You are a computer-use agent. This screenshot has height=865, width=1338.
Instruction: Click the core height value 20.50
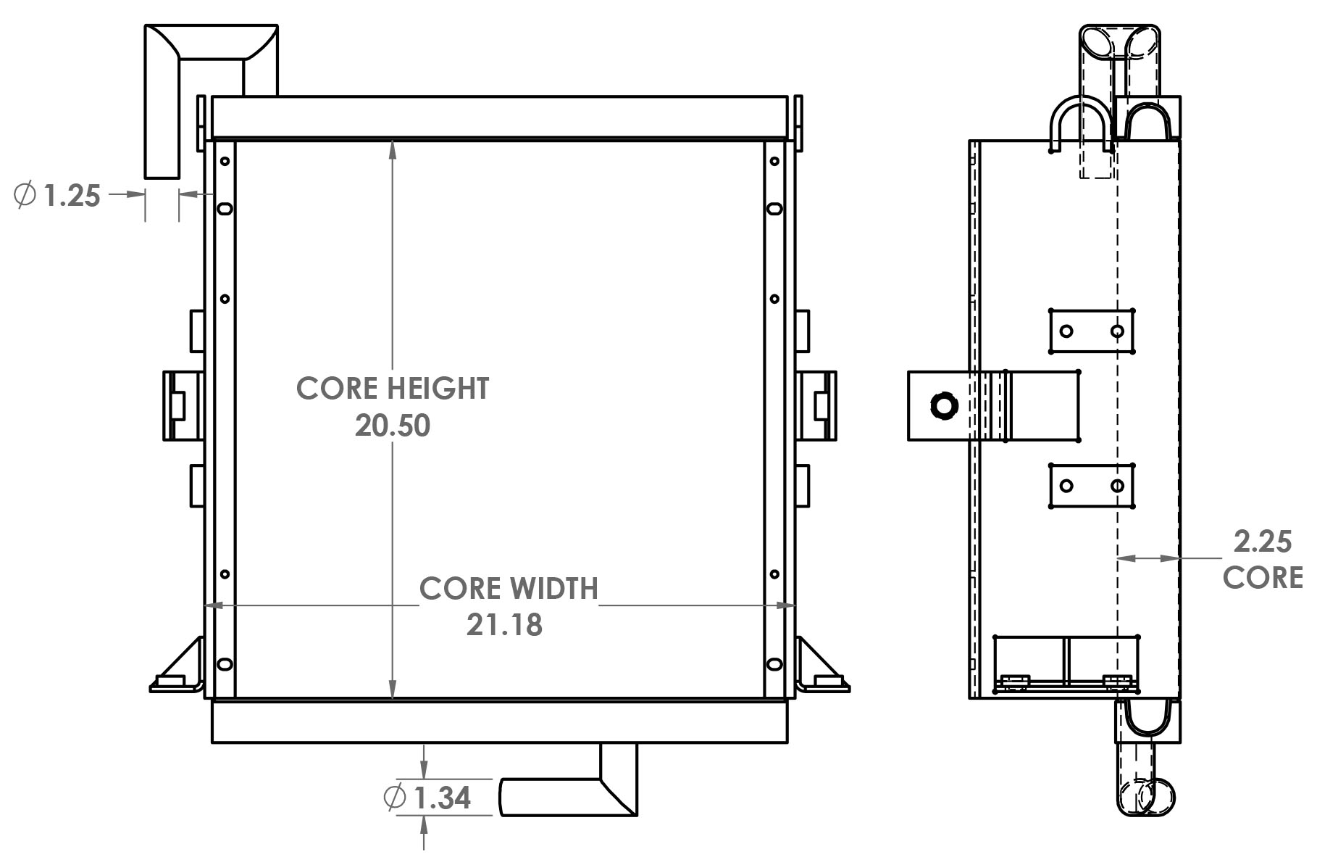[x=392, y=426]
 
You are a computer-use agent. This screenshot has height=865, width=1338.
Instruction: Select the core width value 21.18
[x=504, y=625]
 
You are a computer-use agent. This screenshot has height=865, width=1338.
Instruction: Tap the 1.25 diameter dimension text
[x=72, y=196]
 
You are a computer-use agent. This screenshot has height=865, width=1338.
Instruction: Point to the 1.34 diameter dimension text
[x=443, y=798]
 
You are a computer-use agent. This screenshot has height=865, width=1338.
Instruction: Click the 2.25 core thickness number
[x=1263, y=542]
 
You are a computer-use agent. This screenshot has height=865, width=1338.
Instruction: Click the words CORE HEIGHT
[x=392, y=389]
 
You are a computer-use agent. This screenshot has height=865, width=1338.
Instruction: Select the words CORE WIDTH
[x=509, y=588]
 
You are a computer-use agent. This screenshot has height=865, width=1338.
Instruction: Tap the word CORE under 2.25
[x=1263, y=578]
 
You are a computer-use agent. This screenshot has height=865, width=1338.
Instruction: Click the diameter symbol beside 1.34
[x=394, y=798]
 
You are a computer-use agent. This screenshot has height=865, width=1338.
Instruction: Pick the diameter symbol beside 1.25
[x=25, y=195]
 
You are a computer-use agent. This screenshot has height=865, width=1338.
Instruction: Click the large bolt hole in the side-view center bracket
[x=943, y=405]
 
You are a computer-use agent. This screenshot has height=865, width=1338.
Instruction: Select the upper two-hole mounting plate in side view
[x=1092, y=331]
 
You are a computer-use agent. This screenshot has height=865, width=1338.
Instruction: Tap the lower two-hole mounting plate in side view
[x=1092, y=486]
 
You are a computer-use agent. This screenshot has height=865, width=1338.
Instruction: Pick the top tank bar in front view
[x=500, y=116]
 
